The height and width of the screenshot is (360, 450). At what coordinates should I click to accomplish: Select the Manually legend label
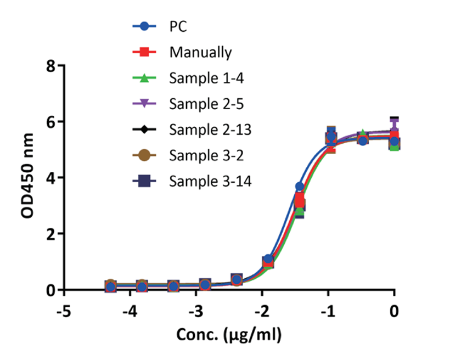[x=200, y=53]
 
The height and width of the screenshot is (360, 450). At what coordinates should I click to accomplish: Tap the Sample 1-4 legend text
[x=206, y=78]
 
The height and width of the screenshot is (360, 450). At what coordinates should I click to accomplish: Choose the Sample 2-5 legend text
[x=206, y=104]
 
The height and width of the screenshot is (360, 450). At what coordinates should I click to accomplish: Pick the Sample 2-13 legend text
[x=210, y=130]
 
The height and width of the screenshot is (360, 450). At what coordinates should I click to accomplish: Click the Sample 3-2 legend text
[x=206, y=155]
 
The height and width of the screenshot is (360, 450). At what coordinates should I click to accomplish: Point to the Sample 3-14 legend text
[x=210, y=181]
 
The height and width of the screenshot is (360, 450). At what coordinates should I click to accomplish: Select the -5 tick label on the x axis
[x=64, y=311]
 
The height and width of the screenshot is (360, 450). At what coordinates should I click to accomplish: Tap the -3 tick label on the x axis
[x=196, y=311]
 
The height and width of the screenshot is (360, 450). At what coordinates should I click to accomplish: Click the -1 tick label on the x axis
[x=328, y=311]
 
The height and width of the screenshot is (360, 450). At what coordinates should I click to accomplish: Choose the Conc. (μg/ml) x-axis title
[x=229, y=334]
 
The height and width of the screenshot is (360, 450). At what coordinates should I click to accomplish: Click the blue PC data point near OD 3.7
[x=299, y=187]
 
